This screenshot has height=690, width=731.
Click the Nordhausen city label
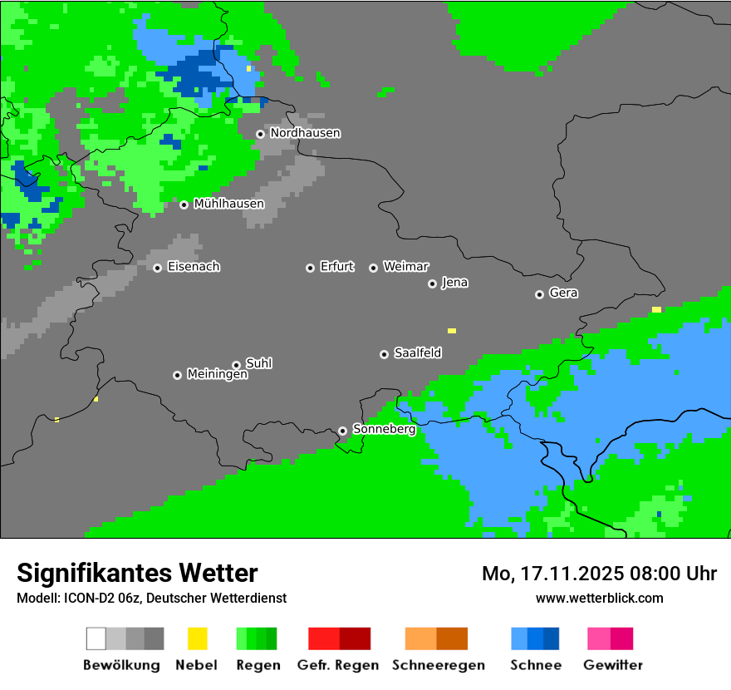[x=305, y=133]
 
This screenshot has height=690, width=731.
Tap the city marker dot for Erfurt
[x=310, y=268]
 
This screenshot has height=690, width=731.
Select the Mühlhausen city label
[x=228, y=204]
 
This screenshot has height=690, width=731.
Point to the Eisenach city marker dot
[x=157, y=268]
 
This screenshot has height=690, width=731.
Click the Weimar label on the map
[x=405, y=267]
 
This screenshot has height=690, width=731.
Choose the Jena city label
[x=454, y=283]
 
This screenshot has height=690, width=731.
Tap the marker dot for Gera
[x=539, y=294]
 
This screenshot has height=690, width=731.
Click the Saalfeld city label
[x=417, y=353]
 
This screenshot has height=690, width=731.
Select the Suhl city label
[x=258, y=363]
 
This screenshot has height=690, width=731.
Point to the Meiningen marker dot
[x=177, y=375]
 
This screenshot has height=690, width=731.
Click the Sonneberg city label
[x=384, y=430]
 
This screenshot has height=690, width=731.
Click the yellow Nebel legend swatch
[x=197, y=638]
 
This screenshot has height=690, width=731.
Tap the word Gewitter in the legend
[x=612, y=665]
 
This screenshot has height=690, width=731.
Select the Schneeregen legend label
[x=438, y=665]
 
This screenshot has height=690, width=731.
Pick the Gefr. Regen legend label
[x=337, y=665]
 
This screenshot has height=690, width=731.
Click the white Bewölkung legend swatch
[x=96, y=638]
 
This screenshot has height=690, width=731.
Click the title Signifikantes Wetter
[x=137, y=573]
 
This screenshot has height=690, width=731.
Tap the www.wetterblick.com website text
[x=599, y=598]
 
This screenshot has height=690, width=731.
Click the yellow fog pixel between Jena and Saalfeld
[x=452, y=331]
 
